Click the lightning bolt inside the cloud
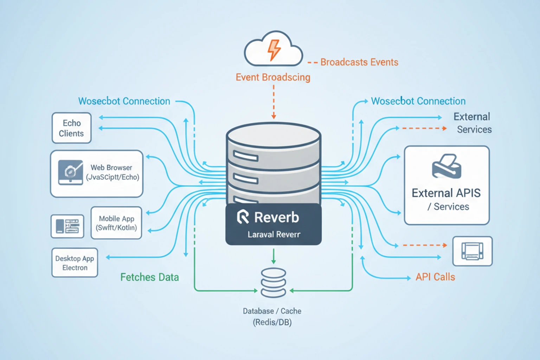tap(274, 50)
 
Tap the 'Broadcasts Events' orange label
tap(359, 62)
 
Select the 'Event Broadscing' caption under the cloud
tap(273, 77)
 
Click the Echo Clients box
tap(71, 128)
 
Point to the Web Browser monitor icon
tap(71, 172)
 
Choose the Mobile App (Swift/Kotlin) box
tap(116, 223)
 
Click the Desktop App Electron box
tap(75, 263)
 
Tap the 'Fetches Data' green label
tap(149, 277)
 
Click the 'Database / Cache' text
tap(272, 311)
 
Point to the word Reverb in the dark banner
tap(276, 217)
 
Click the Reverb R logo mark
tap(243, 217)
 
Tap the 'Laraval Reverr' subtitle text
tap(274, 234)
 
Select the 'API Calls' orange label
tap(435, 277)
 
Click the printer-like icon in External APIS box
tap(446, 166)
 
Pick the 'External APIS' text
tap(446, 193)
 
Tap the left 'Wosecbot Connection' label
tap(124, 101)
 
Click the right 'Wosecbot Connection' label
tap(418, 101)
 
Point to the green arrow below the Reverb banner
tap(274, 256)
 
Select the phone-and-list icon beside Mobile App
tap(67, 226)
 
